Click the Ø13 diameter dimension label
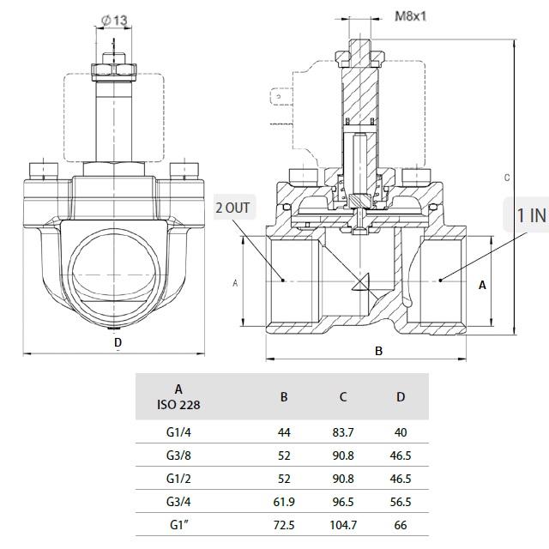click(115, 19)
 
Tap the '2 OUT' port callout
click(234, 208)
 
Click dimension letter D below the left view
click(118, 343)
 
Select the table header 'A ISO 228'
click(178, 396)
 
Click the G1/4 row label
click(178, 434)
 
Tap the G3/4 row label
click(178, 501)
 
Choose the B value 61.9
click(284, 501)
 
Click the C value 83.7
click(342, 434)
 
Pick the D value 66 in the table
click(401, 523)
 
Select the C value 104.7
click(342, 523)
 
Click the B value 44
click(284, 434)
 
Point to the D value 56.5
click(401, 501)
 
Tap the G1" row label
click(178, 523)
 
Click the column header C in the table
click(342, 396)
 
